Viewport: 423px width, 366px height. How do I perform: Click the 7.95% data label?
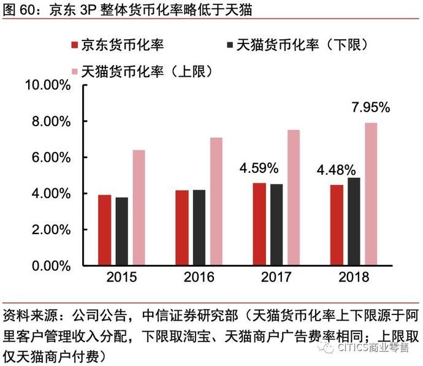(370, 108)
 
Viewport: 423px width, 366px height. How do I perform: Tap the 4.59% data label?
(259, 167)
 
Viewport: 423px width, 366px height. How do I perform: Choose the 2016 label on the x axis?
(199, 277)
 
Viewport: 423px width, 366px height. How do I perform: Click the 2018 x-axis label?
(354, 277)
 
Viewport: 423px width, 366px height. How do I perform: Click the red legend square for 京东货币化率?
(74, 45)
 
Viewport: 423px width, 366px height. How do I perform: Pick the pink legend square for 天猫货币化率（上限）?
(75, 71)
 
